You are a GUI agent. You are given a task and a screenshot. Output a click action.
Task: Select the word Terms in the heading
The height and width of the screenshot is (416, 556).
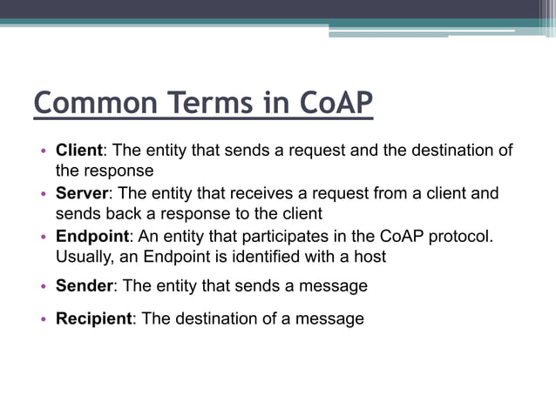coord(212,103)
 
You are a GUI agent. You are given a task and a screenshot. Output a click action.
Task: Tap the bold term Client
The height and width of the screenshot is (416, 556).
coord(79,151)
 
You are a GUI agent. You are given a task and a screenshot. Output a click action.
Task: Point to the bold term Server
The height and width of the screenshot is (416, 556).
coord(83,193)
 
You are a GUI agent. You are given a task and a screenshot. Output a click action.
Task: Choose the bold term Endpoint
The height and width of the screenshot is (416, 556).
coord(92,236)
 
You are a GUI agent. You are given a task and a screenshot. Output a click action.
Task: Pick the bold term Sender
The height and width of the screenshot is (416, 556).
coord(85,285)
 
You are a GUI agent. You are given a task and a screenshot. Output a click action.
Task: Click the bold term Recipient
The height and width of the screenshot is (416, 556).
coord(94,319)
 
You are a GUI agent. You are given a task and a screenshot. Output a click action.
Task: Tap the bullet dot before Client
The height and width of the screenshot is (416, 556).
coord(43,151)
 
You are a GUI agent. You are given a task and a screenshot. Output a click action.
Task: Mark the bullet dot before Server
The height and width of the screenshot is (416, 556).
coord(43,194)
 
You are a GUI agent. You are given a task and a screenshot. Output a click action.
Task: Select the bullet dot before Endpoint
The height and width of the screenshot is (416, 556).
coord(43,237)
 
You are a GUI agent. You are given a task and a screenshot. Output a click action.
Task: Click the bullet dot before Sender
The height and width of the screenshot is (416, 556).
coord(43,286)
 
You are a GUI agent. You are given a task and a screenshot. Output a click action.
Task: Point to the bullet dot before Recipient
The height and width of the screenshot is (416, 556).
coord(43,319)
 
